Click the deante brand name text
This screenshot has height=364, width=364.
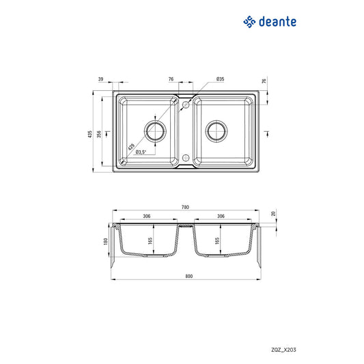(x=277, y=22)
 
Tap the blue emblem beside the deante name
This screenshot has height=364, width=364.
(x=249, y=22)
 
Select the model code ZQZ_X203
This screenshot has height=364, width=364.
(x=283, y=350)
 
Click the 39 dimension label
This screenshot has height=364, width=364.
(x=100, y=79)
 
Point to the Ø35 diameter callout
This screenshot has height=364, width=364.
(x=220, y=79)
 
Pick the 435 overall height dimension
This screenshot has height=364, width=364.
(x=90, y=134)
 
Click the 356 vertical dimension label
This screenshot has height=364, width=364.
(x=99, y=134)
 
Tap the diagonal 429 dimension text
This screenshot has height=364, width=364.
(x=131, y=147)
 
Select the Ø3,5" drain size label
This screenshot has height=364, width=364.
(x=141, y=152)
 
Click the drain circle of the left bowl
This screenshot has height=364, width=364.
(x=155, y=131)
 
